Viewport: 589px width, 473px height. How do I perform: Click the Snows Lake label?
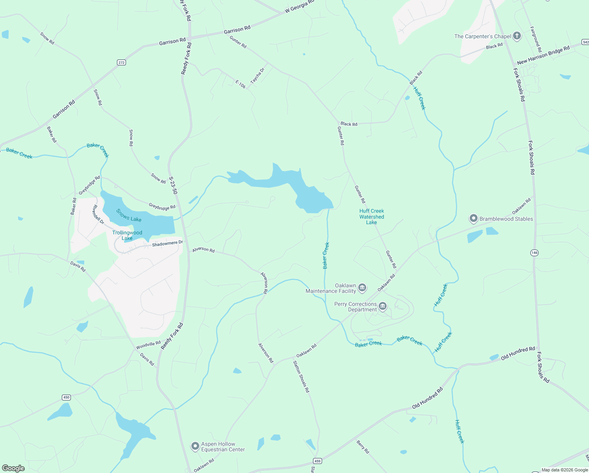[x=129, y=216]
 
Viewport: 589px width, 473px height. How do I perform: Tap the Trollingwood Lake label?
[x=127, y=235]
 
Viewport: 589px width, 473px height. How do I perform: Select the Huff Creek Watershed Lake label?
[x=372, y=217]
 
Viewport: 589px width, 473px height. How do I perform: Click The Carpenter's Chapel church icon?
[x=517, y=36]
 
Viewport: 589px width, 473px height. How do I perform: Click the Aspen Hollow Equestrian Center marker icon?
[x=195, y=446]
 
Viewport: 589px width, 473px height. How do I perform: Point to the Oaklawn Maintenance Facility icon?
[x=362, y=288]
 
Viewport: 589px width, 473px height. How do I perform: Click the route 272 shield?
[x=121, y=62]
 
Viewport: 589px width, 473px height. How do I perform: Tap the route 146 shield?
[x=534, y=253]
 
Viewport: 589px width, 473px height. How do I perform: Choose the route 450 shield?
[x=66, y=397]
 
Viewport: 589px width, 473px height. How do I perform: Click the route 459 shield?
[x=318, y=461]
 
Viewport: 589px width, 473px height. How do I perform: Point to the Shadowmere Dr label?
[x=167, y=244]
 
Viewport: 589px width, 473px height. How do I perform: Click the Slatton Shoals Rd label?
[x=301, y=377]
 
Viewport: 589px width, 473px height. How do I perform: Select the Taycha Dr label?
[x=257, y=75]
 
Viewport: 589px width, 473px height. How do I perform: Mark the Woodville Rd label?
[x=148, y=345]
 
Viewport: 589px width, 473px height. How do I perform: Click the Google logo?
[x=13, y=468]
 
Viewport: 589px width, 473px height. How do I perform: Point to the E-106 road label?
[x=241, y=84]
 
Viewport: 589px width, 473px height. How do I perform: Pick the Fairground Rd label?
[x=536, y=39]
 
